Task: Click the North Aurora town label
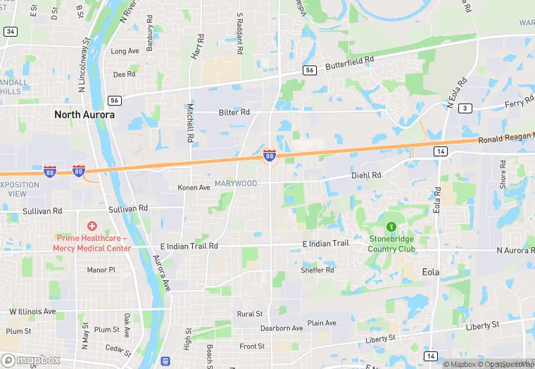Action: tap(84, 114)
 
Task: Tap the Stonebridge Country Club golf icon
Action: tap(391, 227)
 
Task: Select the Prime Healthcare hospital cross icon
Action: tap(92, 226)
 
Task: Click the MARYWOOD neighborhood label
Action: tap(236, 184)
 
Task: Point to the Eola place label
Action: tap(430, 272)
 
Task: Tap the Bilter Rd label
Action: tap(234, 112)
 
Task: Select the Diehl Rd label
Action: tap(367, 175)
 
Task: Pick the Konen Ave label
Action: tap(194, 188)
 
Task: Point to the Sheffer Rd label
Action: tap(317, 270)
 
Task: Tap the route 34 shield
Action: tap(10, 32)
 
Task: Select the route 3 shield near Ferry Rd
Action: tap(465, 108)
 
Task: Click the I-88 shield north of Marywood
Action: tap(269, 155)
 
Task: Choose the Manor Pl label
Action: tap(101, 270)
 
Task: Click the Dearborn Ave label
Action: tap(281, 328)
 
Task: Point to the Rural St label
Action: tap(250, 314)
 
